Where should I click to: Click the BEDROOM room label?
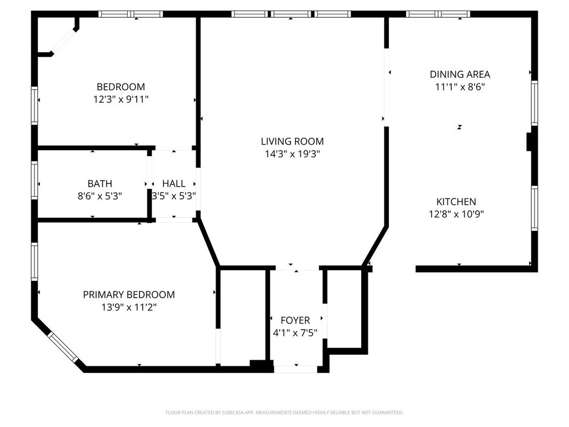[x=121, y=87]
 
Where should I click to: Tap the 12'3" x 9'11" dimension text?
[x=121, y=100]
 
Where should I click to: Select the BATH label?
[x=99, y=183]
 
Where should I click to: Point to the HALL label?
[x=174, y=183]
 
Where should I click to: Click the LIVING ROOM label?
[x=292, y=141]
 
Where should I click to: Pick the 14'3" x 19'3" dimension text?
[x=292, y=154]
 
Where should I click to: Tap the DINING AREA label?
[x=460, y=74]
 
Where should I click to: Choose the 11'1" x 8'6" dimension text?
[x=460, y=87]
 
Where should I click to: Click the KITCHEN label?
[x=456, y=202]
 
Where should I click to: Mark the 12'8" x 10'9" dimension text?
[x=456, y=215]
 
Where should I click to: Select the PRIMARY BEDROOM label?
[x=128, y=295]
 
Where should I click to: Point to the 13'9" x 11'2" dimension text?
[x=128, y=307]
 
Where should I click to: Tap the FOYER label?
[x=295, y=320]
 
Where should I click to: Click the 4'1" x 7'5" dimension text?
[x=295, y=333]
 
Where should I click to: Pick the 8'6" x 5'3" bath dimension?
[x=99, y=196]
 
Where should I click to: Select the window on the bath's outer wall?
[x=34, y=181]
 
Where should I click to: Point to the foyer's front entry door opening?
[x=296, y=369]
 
